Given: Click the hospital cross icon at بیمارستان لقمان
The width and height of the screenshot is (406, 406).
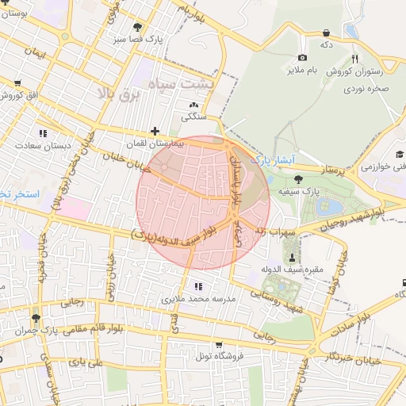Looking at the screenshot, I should point(155,132).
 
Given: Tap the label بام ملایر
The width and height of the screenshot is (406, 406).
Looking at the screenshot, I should point(302,71).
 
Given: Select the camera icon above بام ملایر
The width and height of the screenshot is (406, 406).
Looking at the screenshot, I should point(302,58).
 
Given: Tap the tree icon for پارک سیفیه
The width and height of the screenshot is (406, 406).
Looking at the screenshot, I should point(297,179).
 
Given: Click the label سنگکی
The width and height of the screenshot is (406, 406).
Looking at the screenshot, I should point(193,117).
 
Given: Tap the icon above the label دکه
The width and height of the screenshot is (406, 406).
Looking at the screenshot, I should point(327,33).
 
